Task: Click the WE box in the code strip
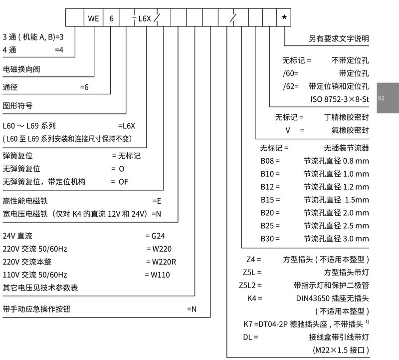pos(93,18)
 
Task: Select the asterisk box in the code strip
pos(284,18)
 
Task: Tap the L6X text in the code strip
pos(144,18)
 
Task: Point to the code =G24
pos(155,236)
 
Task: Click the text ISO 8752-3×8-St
pos(339,98)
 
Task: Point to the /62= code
pos(290,85)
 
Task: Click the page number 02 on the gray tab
pos(382,98)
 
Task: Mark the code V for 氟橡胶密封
pos(288,130)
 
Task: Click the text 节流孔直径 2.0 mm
pos(336,213)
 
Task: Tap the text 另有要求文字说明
pos(339,39)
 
